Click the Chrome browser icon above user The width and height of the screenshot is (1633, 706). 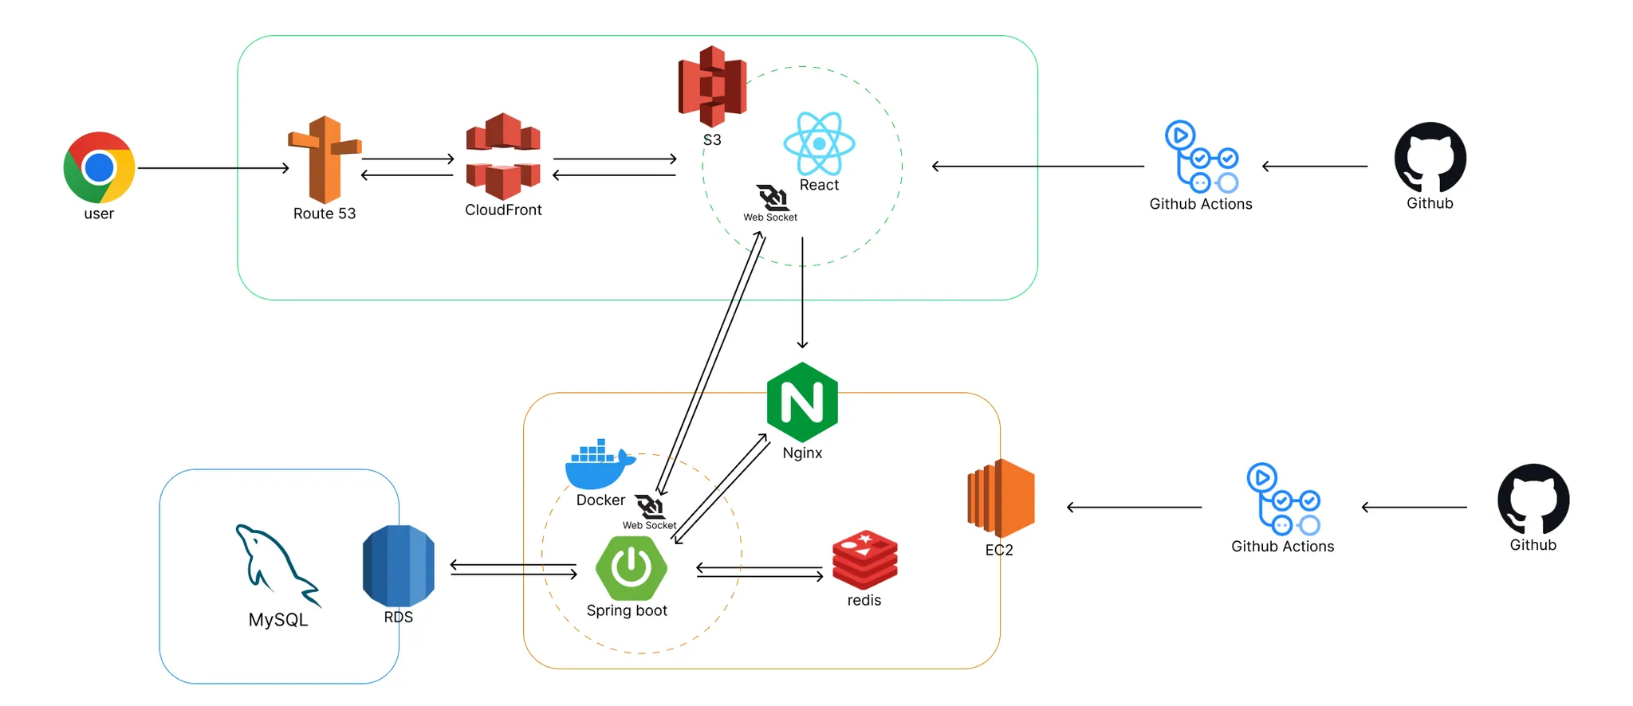99,167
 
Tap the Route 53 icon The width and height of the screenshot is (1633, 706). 324,159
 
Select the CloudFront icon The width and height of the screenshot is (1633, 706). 503,156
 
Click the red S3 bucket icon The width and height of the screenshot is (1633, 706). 712,86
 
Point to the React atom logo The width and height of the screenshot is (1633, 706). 819,143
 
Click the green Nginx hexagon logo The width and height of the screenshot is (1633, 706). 802,402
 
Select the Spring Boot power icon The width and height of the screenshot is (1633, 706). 632,568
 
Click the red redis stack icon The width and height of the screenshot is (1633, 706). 864,559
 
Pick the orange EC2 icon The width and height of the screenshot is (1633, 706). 1001,499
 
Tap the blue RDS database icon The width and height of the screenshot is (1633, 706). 399,566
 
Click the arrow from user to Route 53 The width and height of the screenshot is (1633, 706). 213,168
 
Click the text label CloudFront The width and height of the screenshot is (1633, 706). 503,210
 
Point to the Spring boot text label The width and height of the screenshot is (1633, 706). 627,611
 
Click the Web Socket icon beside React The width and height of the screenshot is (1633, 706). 772,198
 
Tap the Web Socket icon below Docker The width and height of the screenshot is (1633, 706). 650,506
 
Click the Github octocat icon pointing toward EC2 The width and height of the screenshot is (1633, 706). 1533,499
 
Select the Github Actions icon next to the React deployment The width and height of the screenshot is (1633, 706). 1201,157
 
